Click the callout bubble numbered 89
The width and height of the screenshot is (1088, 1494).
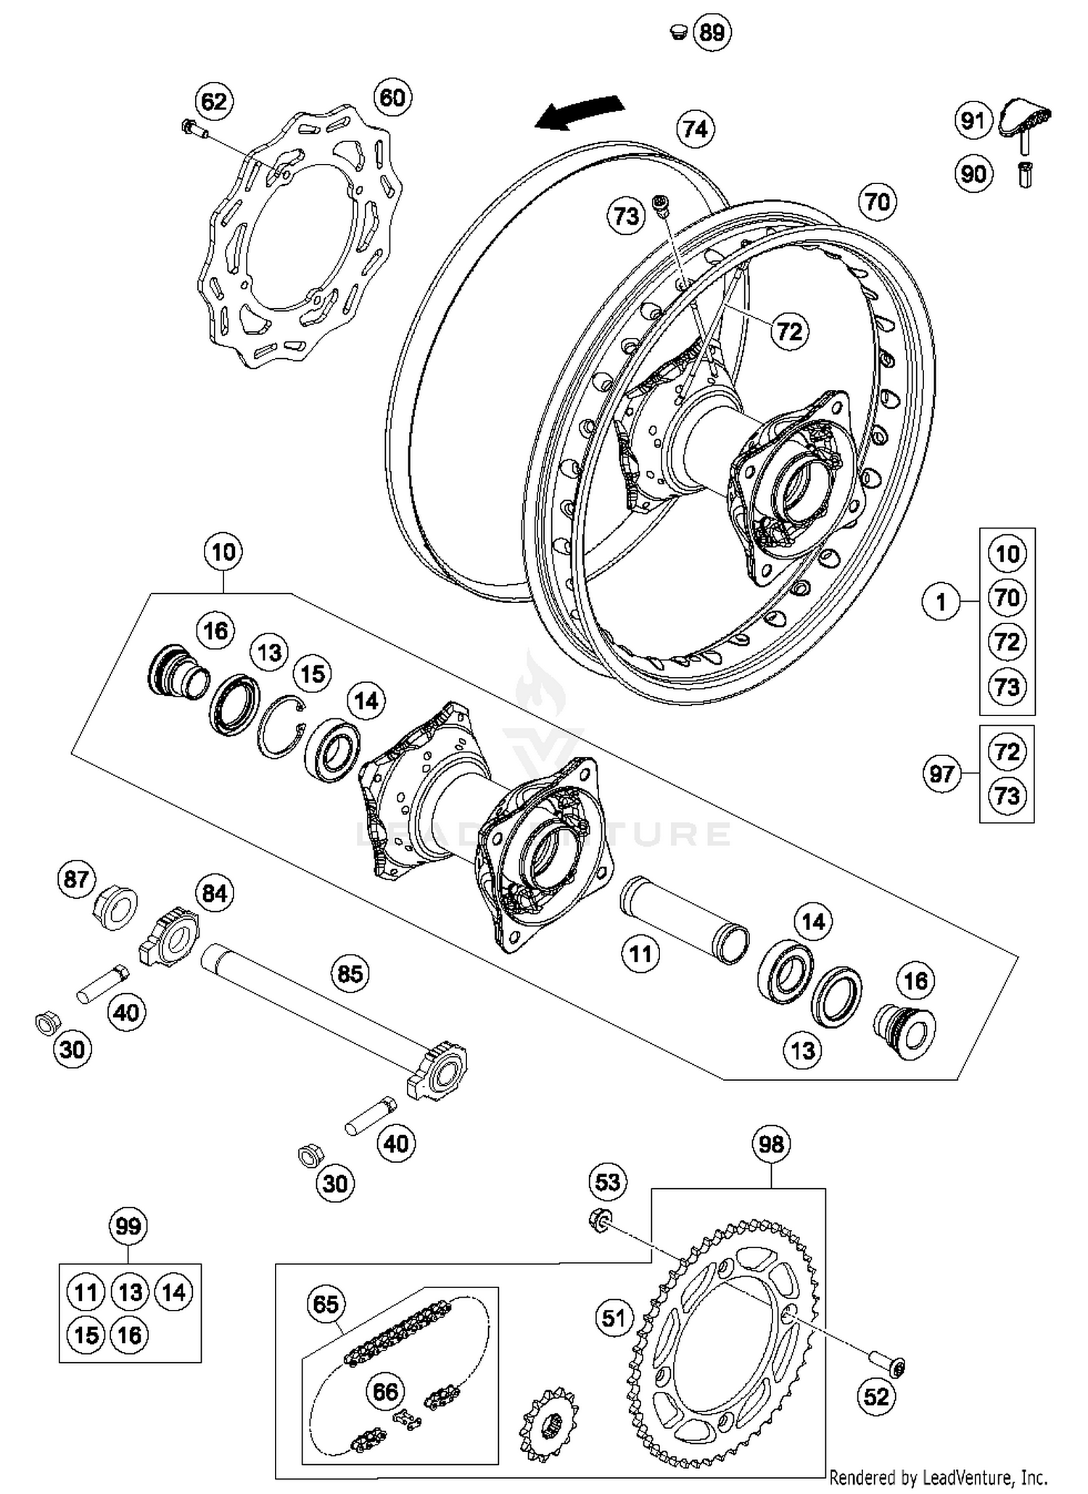(712, 33)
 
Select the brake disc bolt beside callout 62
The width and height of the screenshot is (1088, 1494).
(194, 129)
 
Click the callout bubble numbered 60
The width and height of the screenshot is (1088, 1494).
(392, 97)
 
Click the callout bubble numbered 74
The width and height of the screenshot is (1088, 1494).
(695, 129)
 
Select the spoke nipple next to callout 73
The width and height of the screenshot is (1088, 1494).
(662, 206)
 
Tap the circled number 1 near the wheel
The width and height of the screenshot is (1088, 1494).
(941, 602)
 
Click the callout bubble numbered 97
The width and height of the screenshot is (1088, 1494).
(941, 774)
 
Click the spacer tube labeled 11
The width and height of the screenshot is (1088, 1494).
(684, 921)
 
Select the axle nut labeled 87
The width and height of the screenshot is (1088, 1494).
(116, 907)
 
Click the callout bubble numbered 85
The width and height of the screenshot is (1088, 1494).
(350, 973)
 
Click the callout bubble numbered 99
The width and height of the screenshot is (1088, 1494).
(128, 1227)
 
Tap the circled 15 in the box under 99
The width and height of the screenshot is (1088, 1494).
(86, 1335)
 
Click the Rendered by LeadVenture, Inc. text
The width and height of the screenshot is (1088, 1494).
(938, 1477)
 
